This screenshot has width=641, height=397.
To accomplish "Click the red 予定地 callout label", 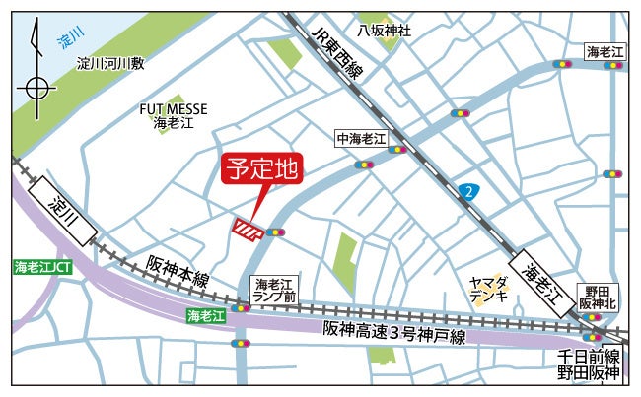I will pos(260,168).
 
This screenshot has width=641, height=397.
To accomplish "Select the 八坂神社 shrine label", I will pos(385,31).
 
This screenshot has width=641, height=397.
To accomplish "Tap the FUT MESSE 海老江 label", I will pos(173,116).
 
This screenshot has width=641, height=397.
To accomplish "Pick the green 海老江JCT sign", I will pos(42,267).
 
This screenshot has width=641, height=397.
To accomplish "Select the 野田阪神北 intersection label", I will pos(599,297).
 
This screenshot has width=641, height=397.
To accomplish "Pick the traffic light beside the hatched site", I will pos(274,233).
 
